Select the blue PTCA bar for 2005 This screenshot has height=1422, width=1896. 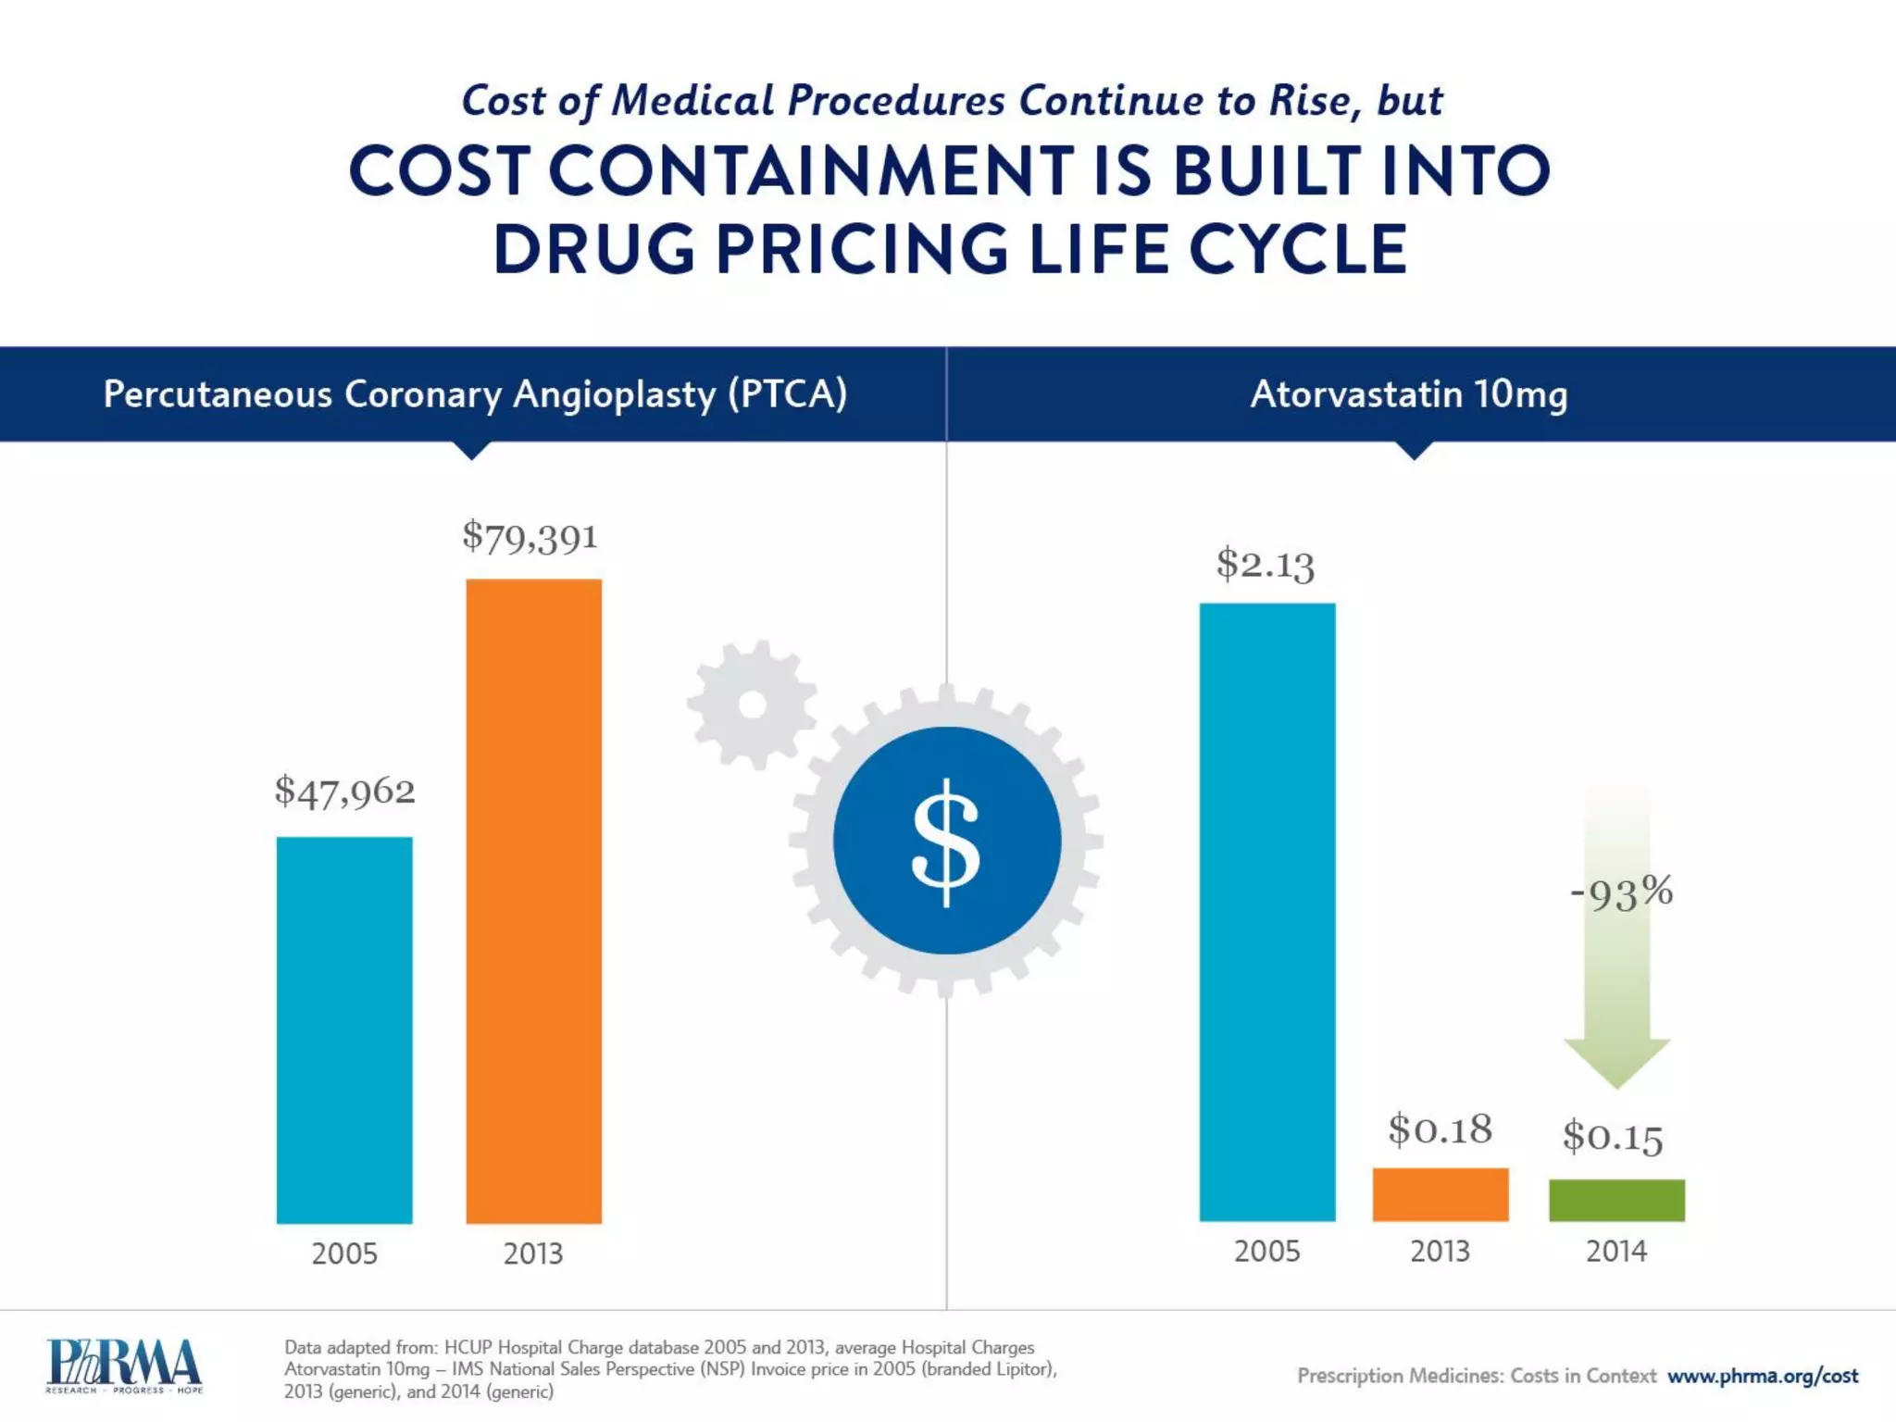pyautogui.click(x=344, y=1029)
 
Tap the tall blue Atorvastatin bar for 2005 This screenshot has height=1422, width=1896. pyautogui.click(x=1266, y=912)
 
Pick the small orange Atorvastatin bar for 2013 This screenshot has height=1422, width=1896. pyautogui.click(x=1440, y=1194)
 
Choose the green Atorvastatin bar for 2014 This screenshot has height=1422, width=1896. pyautogui.click(x=1616, y=1200)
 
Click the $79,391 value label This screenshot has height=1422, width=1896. pyautogui.click(x=530, y=537)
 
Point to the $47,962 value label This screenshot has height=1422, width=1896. pyautogui.click(x=344, y=792)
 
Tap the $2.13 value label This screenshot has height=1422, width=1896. pyautogui.click(x=1265, y=564)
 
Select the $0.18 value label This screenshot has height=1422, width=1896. pyautogui.click(x=1440, y=1129)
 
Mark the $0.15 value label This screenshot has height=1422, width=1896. pyautogui.click(x=1613, y=1136)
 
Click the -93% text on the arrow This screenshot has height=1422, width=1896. pyautogui.click(x=1621, y=892)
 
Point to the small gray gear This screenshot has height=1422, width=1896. pyautogui.click(x=753, y=705)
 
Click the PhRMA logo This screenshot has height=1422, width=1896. pyautogui.click(x=124, y=1366)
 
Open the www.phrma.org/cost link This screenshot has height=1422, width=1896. pyautogui.click(x=1762, y=1376)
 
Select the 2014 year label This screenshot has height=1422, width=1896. pyautogui.click(x=1616, y=1252)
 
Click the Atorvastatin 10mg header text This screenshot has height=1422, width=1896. pyautogui.click(x=1408, y=394)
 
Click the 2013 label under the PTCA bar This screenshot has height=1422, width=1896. pyautogui.click(x=533, y=1254)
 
